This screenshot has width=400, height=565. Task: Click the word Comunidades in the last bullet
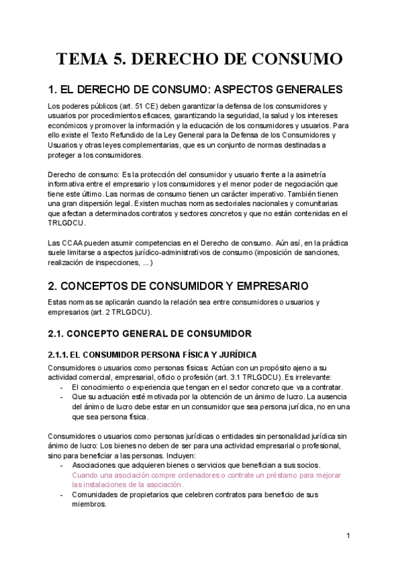click(97, 495)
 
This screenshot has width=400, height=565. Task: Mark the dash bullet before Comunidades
click(62, 495)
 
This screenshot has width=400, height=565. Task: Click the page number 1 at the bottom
click(349, 536)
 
